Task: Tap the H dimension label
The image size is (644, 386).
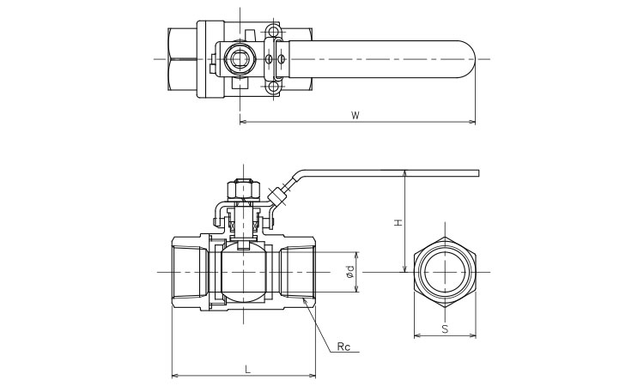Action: pyautogui.click(x=398, y=222)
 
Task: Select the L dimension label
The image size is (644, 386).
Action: pyautogui.click(x=247, y=369)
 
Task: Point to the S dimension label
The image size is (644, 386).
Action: pyautogui.click(x=444, y=328)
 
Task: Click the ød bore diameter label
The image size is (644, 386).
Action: pyautogui.click(x=349, y=272)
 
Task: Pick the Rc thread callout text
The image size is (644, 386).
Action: pyautogui.click(x=343, y=347)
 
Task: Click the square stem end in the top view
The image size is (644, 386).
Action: pyautogui.click(x=239, y=58)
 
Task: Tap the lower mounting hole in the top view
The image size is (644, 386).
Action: pyautogui.click(x=273, y=85)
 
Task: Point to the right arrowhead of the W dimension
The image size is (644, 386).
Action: pyautogui.click(x=473, y=122)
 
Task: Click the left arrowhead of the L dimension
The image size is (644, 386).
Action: pyautogui.click(x=174, y=376)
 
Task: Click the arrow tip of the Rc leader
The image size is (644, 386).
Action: pyautogui.click(x=304, y=299)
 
